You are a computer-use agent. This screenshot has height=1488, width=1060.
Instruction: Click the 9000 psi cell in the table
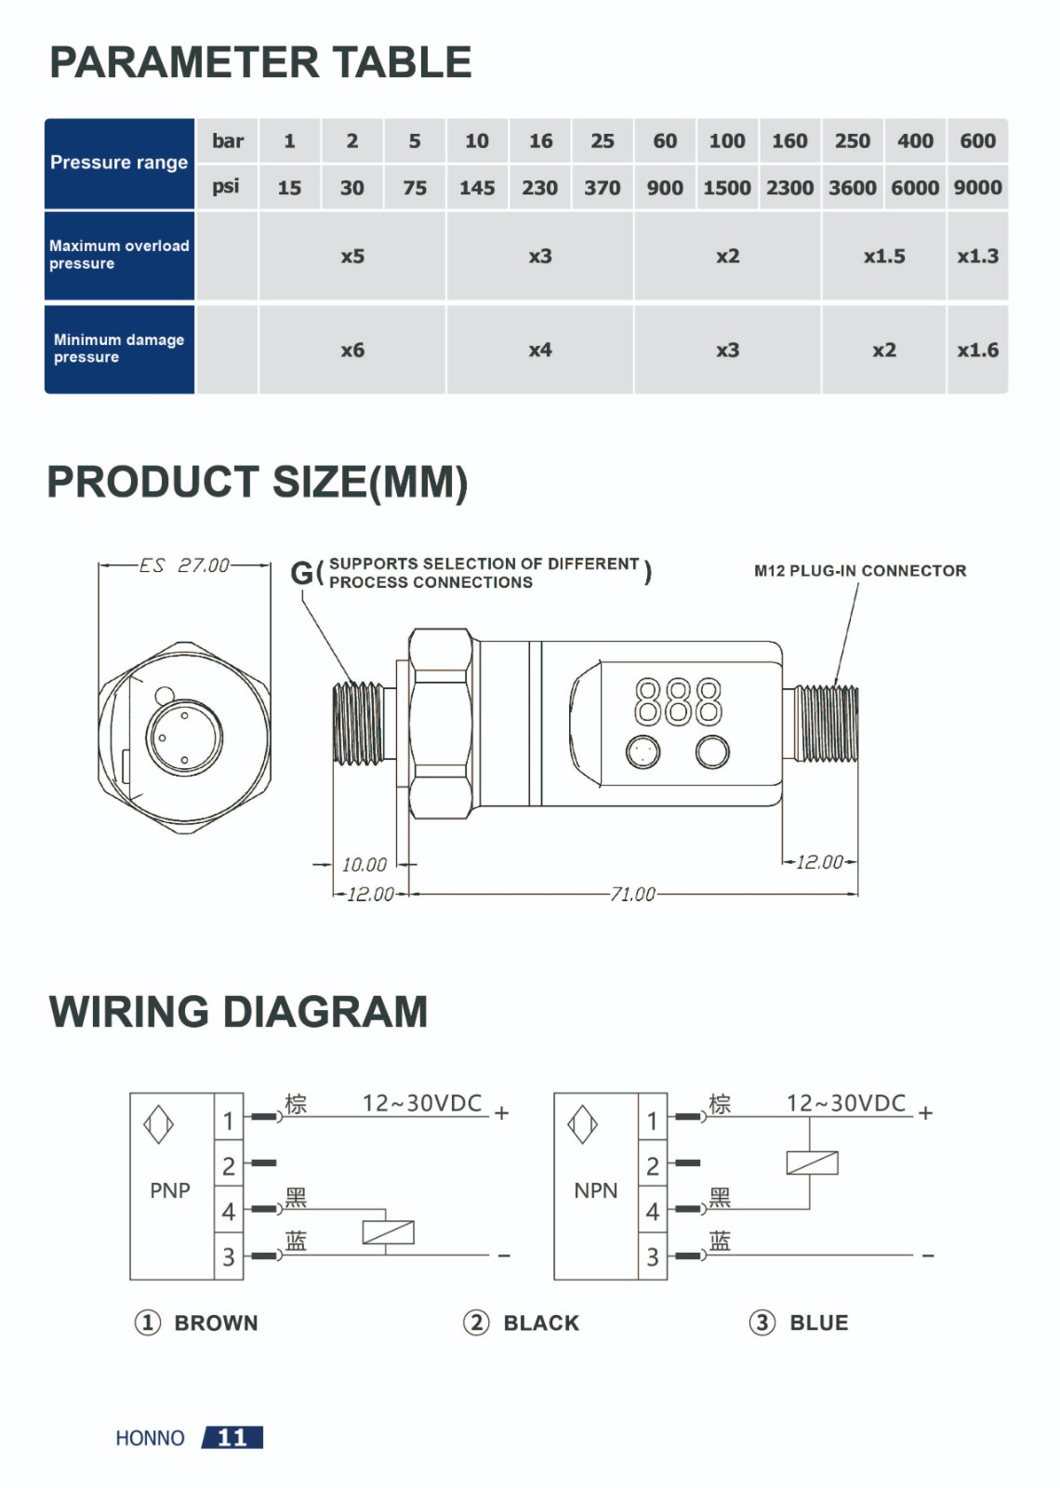(x=977, y=188)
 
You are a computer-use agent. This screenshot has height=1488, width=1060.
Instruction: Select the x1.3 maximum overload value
(x=977, y=257)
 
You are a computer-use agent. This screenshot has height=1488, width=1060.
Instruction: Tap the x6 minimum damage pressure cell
(x=352, y=350)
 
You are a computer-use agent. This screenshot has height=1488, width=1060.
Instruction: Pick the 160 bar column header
(x=789, y=140)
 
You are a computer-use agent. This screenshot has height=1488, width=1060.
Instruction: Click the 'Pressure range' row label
(x=119, y=163)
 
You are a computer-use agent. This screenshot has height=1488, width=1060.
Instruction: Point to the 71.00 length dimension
(x=633, y=894)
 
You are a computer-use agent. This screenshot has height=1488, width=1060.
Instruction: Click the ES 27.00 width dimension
(x=185, y=565)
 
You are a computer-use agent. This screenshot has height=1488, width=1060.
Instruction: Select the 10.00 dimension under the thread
(x=364, y=864)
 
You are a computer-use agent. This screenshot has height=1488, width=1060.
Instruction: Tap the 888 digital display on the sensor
(x=678, y=701)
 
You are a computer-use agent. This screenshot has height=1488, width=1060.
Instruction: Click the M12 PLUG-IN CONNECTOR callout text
(x=860, y=571)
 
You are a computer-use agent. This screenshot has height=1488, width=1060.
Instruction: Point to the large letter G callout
(x=302, y=573)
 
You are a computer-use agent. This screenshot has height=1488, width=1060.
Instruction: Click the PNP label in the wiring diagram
(x=170, y=1190)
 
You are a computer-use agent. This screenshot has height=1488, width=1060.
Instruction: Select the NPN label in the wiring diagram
(x=596, y=1190)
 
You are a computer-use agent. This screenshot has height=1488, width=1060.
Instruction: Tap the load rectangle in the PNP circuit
(x=388, y=1232)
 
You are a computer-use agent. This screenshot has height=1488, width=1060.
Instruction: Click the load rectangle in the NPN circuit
(x=813, y=1162)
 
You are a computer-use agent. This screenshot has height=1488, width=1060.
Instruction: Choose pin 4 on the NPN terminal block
(x=652, y=1212)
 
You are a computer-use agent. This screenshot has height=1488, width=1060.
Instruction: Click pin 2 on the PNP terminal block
(x=229, y=1166)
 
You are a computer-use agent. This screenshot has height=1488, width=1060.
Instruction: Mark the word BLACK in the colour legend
(x=541, y=1322)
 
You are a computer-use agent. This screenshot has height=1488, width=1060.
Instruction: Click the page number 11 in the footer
(x=232, y=1438)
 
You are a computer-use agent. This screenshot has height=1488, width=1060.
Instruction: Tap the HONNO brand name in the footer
(x=150, y=1438)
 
